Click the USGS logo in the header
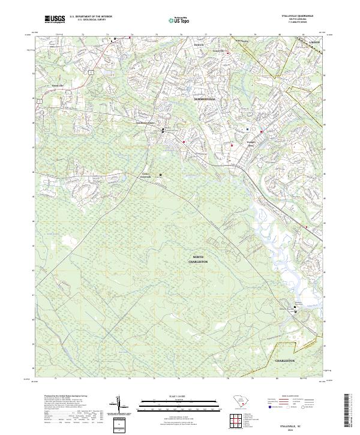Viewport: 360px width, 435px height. coord(55,19)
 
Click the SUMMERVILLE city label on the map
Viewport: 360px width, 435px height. coord(207,97)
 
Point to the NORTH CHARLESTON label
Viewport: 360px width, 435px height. coord(198,259)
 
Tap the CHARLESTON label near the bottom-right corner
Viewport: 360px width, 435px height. coord(285,361)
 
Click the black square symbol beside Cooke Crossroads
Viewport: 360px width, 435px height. coord(160,175)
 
